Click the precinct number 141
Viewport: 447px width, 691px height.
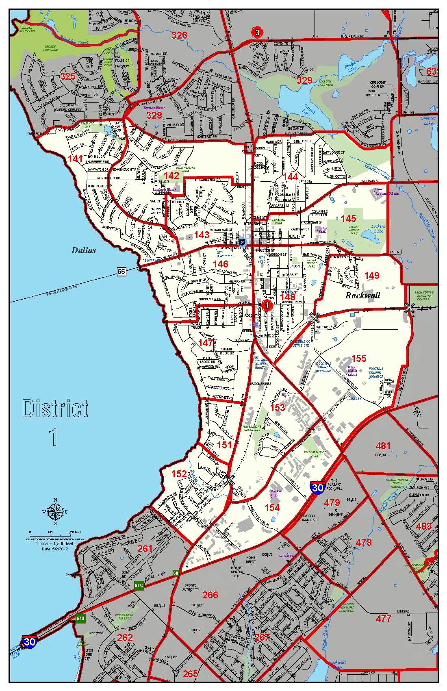click(75, 159)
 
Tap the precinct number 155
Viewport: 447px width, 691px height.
click(359, 358)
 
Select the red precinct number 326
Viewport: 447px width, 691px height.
click(179, 35)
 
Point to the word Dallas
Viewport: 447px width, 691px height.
click(84, 250)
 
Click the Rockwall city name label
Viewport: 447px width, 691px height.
click(362, 295)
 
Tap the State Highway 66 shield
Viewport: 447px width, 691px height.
click(121, 271)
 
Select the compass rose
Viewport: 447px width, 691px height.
click(55, 513)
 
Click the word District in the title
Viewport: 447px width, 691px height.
click(55, 409)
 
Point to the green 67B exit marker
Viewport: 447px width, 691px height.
click(80, 618)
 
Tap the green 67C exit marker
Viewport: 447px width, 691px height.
click(139, 585)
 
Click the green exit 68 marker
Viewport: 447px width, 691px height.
click(176, 573)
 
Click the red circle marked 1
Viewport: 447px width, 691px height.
click(267, 305)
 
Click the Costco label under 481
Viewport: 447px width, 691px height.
click(381, 455)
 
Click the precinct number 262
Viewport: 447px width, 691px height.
click(125, 637)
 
